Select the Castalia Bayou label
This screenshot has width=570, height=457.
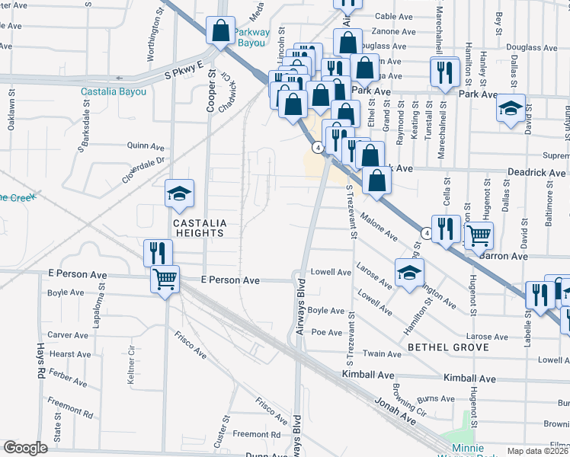click(114, 92)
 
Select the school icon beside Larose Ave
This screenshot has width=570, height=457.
click(409, 273)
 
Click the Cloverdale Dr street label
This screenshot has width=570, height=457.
click(143, 171)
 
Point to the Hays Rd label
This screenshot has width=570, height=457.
click(41, 363)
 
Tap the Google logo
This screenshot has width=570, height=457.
click(25, 448)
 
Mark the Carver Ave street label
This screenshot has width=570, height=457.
click(69, 334)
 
